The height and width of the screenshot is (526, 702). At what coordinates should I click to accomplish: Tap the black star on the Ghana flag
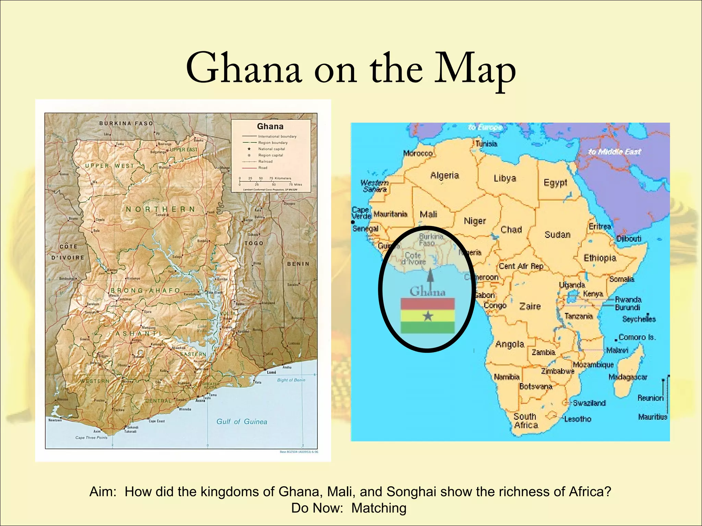coord(428,316)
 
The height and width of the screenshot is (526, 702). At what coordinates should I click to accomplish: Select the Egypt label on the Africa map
coord(555,183)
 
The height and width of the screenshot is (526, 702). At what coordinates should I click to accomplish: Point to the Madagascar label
coord(628,377)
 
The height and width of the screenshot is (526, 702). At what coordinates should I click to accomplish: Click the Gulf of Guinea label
coord(242,422)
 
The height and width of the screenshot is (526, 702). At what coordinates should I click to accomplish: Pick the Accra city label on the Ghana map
coord(200,400)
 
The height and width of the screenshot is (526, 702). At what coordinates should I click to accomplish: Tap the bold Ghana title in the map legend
coord(270,126)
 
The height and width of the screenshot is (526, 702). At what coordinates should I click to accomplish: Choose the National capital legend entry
coord(271,149)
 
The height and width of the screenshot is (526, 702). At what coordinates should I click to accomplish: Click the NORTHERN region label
coord(160,209)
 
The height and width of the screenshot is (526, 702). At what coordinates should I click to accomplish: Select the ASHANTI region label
coord(138,333)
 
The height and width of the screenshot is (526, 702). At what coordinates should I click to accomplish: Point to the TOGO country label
coord(254,243)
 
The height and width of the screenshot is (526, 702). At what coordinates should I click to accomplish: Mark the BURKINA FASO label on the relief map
coord(126,123)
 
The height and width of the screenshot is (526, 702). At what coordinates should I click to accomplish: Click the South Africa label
coord(525,421)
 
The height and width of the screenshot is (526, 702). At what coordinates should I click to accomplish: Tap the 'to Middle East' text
coord(614,152)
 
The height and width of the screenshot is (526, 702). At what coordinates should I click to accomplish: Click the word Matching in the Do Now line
coord(379,508)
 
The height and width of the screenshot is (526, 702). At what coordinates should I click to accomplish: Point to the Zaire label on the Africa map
coord(530,306)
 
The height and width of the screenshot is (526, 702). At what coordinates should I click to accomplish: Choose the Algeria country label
coord(445,176)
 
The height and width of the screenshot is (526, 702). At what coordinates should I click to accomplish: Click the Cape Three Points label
coord(91,438)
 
